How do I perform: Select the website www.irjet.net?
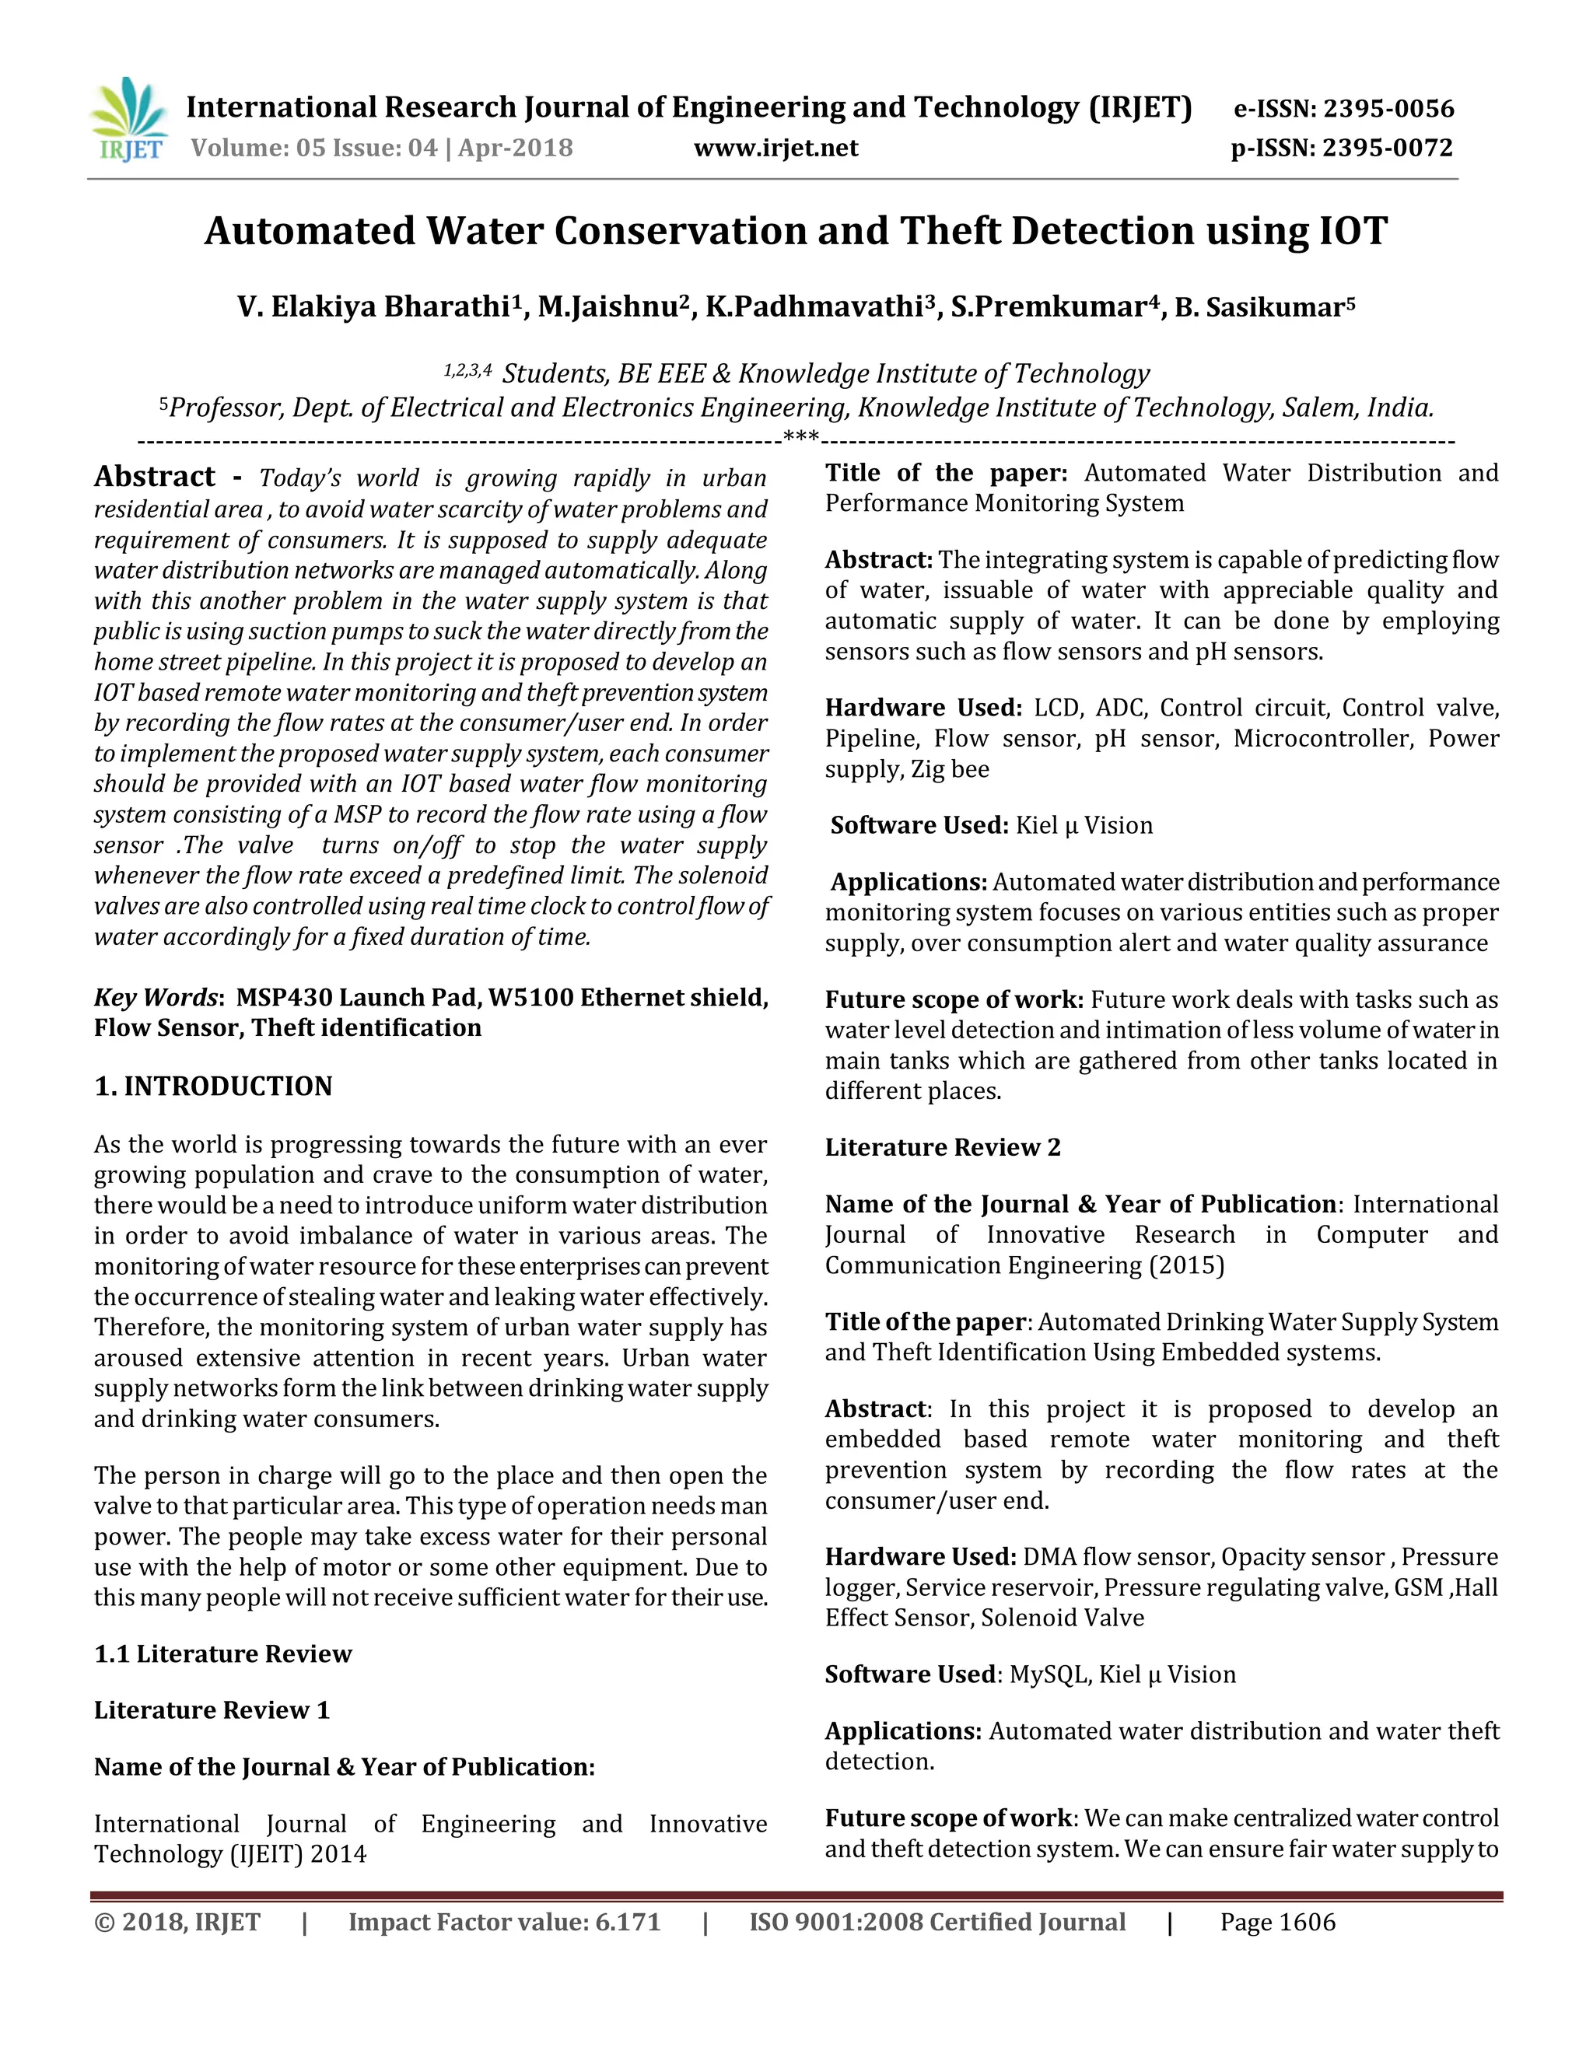coord(775,148)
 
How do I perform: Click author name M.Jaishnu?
coord(607,308)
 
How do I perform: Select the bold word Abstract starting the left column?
coord(155,477)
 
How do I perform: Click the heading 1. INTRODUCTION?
coord(213,1086)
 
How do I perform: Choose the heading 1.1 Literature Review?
coord(222,1653)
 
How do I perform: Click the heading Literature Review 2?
coord(942,1147)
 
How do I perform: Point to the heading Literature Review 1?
coord(212,1710)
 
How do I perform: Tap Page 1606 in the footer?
coord(1278,1923)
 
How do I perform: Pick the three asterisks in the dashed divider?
coord(801,439)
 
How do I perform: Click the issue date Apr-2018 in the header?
coord(515,148)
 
